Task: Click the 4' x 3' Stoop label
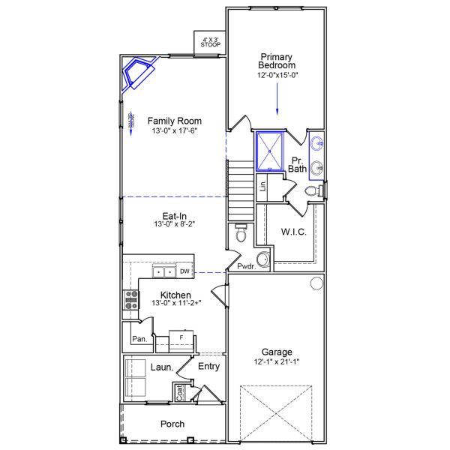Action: click(x=210, y=42)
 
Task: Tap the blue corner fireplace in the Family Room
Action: click(x=137, y=73)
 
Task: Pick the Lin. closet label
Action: click(x=263, y=184)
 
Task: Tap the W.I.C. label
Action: click(x=292, y=232)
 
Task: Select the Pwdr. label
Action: click(x=244, y=266)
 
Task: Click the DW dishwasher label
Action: click(x=184, y=271)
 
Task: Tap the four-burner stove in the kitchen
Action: click(x=131, y=300)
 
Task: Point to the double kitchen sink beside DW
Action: click(x=164, y=271)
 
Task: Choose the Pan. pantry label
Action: click(x=138, y=339)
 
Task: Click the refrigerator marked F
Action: click(x=181, y=339)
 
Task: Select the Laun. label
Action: click(x=162, y=367)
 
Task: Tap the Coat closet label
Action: click(x=179, y=391)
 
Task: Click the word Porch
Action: click(x=172, y=424)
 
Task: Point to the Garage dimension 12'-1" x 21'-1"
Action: click(x=277, y=361)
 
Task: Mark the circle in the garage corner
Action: click(x=316, y=283)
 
